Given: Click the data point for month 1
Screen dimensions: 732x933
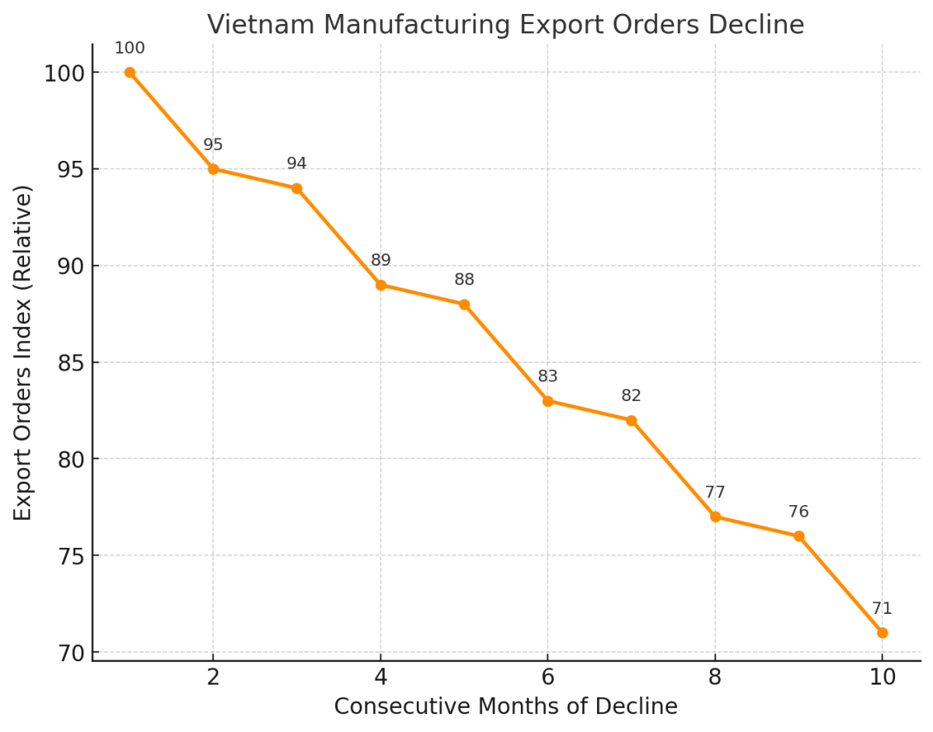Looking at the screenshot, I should tap(130, 72).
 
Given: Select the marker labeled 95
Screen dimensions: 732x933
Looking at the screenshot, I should tap(213, 169).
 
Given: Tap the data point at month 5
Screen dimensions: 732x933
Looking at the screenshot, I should tap(464, 305).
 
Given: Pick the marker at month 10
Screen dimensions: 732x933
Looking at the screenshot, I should tap(882, 633).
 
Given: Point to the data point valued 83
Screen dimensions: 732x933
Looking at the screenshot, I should tap(547, 401).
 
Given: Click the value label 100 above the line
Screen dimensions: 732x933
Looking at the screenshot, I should tap(130, 48).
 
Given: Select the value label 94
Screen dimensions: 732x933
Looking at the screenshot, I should tap(296, 164).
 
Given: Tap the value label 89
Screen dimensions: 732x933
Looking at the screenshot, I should tap(380, 260).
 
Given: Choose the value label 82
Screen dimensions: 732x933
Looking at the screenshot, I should tap(631, 396).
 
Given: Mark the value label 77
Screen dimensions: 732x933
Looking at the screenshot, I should tap(715, 493).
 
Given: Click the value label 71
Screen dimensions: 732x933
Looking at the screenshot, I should tap(882, 608).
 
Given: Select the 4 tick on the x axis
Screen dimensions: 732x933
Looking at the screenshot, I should tap(380, 678).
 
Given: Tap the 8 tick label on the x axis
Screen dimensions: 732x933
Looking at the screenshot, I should tap(715, 678).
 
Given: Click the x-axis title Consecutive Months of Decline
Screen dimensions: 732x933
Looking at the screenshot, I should tap(505, 706).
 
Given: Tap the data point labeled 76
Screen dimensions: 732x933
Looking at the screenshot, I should tap(798, 536).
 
